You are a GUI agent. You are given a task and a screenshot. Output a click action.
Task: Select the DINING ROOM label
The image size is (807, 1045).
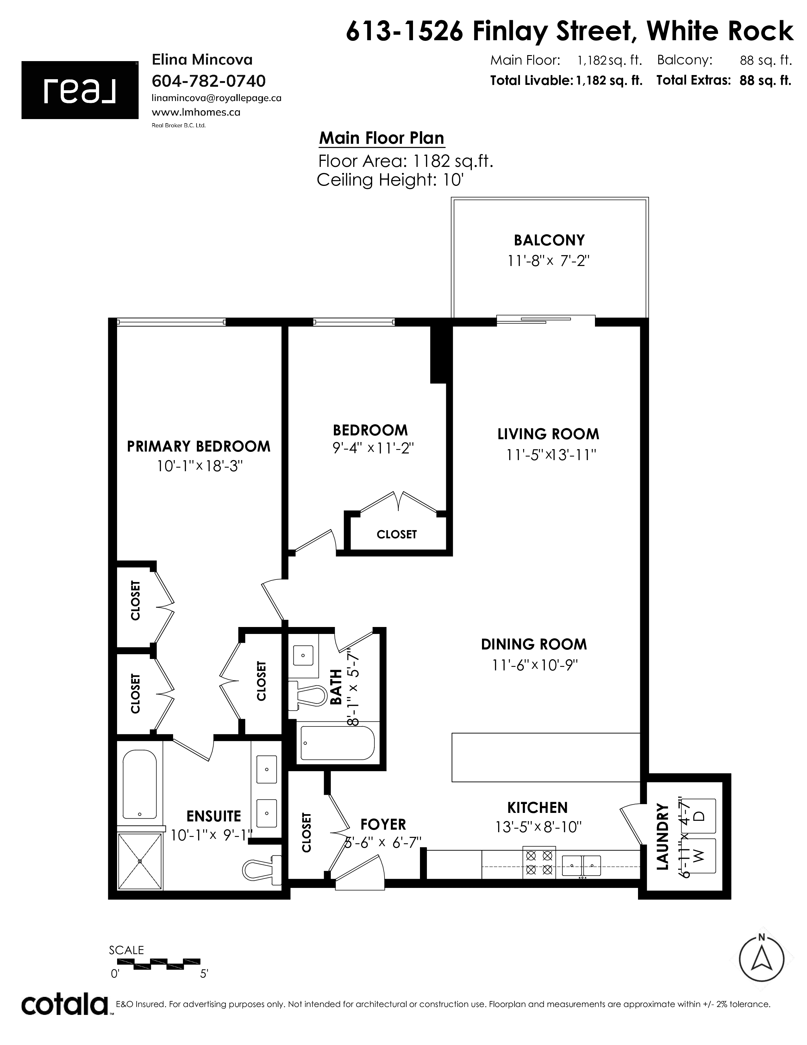[x=534, y=644]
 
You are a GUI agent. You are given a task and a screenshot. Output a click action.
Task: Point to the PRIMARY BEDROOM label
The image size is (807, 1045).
[x=198, y=446]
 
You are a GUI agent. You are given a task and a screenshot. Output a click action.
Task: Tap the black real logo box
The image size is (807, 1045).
[x=80, y=90]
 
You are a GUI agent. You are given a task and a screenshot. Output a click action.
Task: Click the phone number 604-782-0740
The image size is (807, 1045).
[x=209, y=81]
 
